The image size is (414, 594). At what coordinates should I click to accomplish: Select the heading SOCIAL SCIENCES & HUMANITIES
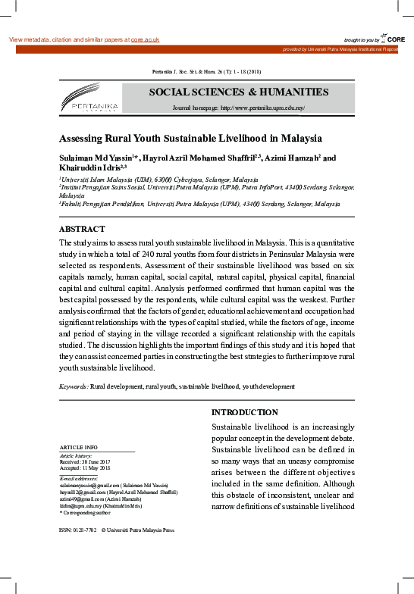click(238, 92)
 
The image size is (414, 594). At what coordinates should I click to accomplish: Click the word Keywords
click(73, 386)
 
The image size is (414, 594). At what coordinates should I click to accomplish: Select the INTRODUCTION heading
click(244, 412)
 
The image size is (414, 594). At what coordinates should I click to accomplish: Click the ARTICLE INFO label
click(78, 448)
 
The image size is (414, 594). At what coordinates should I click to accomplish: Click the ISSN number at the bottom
click(77, 531)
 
